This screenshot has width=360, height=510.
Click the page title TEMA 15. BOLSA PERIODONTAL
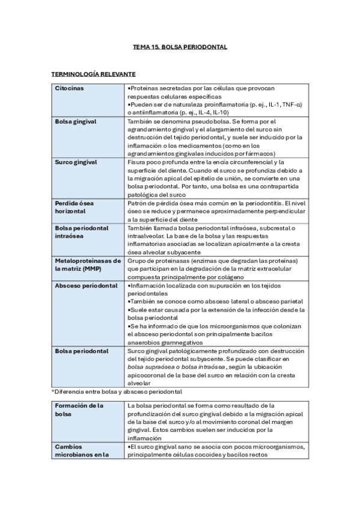[180, 46]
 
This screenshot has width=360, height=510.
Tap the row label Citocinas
[69, 88]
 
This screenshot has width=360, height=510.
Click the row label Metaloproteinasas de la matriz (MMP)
[88, 265]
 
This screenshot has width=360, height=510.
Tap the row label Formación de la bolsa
[79, 410]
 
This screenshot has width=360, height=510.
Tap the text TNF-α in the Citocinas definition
[290, 104]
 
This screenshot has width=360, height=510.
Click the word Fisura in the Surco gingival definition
[138, 162]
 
